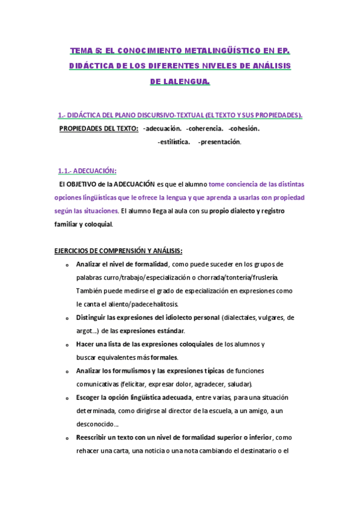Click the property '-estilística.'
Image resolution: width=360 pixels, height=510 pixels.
click(x=174, y=142)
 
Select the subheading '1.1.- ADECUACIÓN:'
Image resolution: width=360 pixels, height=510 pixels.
click(x=87, y=170)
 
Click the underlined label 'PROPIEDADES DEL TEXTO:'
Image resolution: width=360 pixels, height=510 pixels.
click(x=99, y=128)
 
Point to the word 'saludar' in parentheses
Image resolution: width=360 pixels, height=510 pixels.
click(x=240, y=384)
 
